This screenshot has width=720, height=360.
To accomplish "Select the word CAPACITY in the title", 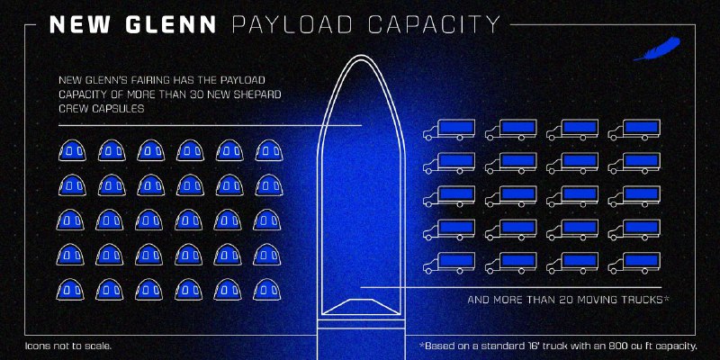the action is pos(435,24).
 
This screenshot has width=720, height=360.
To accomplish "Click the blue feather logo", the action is pos(657,49).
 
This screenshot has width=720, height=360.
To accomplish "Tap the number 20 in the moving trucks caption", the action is pos(567,300).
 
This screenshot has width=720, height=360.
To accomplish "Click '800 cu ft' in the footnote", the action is pos(627,346).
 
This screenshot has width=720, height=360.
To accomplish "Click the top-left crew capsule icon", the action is pos(72,149).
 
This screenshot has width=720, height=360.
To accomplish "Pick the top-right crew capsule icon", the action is pos(269,149).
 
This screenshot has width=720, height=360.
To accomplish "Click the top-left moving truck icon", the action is pos(448,130).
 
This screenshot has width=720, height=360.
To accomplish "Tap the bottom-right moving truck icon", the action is pos(634,263).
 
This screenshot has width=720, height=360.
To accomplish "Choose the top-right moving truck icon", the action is pos(634,130).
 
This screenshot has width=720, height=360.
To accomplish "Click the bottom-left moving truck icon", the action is pos(448,263).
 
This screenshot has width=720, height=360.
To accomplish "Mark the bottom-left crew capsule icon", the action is pos(70,289).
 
